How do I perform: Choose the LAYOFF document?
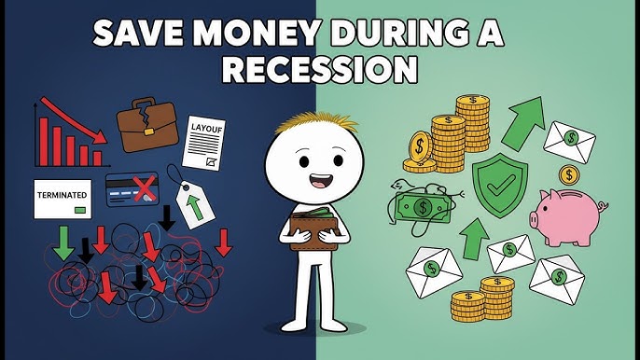coord(207,140)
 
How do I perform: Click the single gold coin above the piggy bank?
coord(568,174)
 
